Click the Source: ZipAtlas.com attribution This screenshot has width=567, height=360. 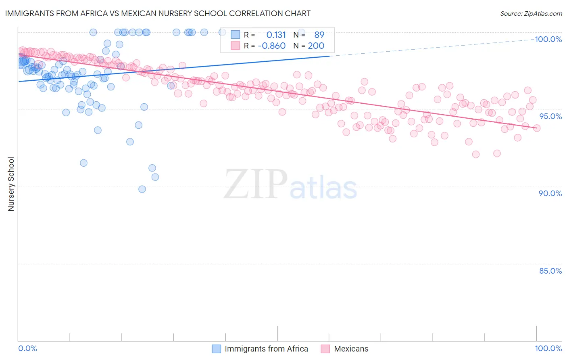tap(531, 13)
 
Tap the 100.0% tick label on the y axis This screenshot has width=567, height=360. tap(548, 39)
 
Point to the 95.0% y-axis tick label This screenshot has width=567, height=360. tap(550, 116)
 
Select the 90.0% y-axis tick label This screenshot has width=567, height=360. tap(550, 193)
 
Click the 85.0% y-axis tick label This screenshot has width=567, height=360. tap(550, 271)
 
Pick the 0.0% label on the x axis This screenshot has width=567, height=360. tap(27, 348)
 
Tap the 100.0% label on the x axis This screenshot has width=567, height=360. tap(548, 348)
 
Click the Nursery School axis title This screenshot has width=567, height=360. tap(11, 184)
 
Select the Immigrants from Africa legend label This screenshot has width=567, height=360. tap(266, 349)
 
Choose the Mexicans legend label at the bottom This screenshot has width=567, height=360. tap(351, 349)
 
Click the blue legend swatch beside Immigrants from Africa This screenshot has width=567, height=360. tap(217, 349)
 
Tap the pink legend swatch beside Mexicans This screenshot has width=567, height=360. tap(325, 349)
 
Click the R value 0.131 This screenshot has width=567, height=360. tap(276, 35)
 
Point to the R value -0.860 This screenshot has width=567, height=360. tap(272, 46)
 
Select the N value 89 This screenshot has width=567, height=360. tap(319, 35)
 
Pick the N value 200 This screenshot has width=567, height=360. tap(316, 46)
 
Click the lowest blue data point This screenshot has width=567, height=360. tap(142, 189)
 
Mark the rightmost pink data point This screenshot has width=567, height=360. tap(537, 128)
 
